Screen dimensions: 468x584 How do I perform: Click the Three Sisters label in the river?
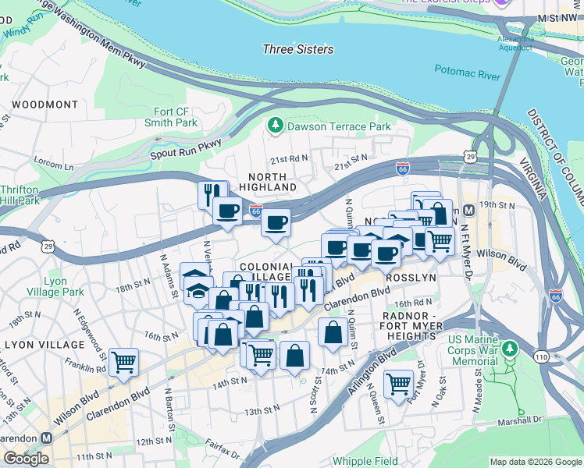pyautogui.click(x=297, y=50)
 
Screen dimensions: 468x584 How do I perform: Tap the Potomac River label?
pyautogui.click(x=467, y=75)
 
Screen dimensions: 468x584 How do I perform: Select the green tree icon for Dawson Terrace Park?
pyautogui.click(x=275, y=126)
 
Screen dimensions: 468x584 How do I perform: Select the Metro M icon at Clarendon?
pyautogui.click(x=46, y=438)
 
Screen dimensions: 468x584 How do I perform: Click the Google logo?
pyautogui.click(x=26, y=459)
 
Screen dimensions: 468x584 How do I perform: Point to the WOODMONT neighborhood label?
pyautogui.click(x=45, y=105)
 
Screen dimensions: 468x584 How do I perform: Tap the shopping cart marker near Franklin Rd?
pyautogui.click(x=123, y=362)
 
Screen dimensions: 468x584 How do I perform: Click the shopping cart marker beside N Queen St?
pyautogui.click(x=398, y=384)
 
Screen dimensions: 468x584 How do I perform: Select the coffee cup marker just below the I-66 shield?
pyautogui.click(x=275, y=223)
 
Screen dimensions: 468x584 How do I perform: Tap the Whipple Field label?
pyautogui.click(x=365, y=461)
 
